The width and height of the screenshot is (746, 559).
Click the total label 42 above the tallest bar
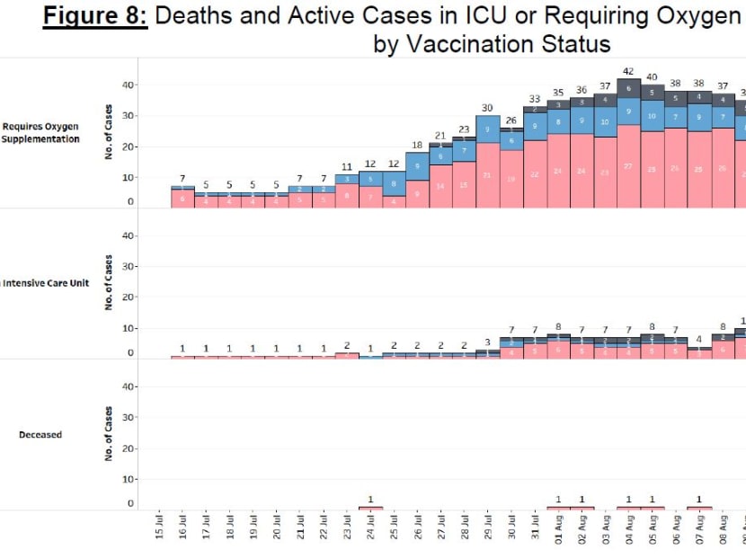pos(628,71)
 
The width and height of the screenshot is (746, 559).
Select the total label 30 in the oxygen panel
pos(487,108)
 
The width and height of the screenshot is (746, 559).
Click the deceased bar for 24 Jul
pos(370,508)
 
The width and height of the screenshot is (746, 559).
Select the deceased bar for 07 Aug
pos(699,508)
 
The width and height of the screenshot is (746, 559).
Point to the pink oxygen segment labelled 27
pos(628,166)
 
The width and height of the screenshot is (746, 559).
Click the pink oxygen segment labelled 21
pos(487,175)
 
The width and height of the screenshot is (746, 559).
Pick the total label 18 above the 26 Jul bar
pos(417,145)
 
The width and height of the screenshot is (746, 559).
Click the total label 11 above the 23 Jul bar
pos(347,166)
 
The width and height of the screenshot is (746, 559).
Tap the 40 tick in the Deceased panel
pos(128,387)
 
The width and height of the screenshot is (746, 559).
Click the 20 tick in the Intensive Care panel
pos(128,297)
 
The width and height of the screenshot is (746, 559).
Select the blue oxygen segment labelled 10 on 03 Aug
pos(605,121)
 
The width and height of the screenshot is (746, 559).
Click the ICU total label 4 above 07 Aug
pos(699,340)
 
